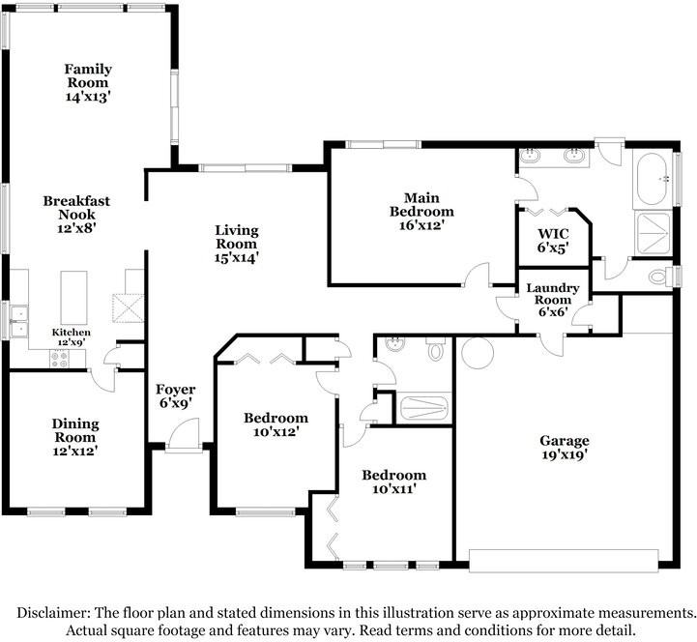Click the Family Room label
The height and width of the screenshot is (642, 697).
pos(88,75)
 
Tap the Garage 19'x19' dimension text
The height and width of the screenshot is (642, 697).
pos(565,454)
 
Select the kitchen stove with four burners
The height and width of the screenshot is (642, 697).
pos(59,360)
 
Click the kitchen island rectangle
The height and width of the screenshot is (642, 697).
pos(73,297)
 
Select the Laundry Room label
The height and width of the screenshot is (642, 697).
pos(553,294)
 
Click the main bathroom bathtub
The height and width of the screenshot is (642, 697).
pos(652,179)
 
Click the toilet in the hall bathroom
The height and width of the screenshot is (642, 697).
pos(435,349)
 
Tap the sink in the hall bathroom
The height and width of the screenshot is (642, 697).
pos(394,344)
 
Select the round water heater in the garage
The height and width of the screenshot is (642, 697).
pos(478,353)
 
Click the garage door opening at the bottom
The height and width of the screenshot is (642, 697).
pos(564,561)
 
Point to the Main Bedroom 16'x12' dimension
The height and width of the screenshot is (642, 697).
pos(421,225)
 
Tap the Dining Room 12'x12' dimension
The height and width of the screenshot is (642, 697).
pos(75,451)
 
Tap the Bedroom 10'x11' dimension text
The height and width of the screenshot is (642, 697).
pos(394,489)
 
